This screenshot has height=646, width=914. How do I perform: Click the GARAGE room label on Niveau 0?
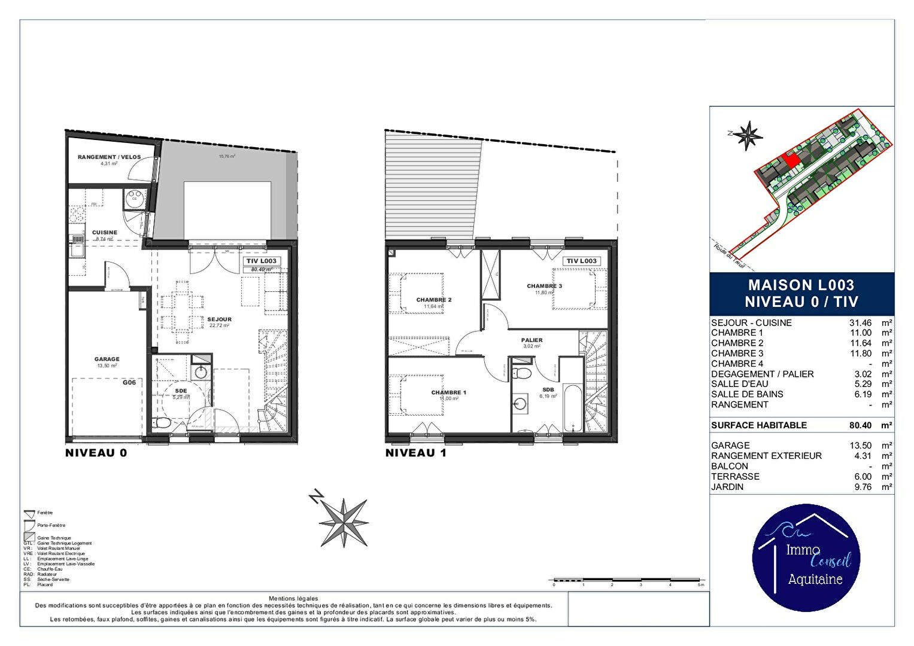click(x=107, y=359)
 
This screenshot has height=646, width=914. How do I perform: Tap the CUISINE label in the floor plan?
click(x=105, y=232)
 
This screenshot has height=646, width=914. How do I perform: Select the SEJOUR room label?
click(x=219, y=319)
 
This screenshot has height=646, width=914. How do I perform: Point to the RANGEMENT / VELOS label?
click(x=109, y=157)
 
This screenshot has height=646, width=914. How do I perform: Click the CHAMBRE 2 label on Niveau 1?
click(x=434, y=300)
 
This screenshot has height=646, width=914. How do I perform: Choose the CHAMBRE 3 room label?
click(x=544, y=286)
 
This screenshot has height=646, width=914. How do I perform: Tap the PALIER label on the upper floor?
click(x=532, y=340)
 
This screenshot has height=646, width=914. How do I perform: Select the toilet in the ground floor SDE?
click(x=162, y=423)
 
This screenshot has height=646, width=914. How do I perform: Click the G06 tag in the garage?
click(x=129, y=382)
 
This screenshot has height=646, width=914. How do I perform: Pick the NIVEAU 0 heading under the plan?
click(x=96, y=453)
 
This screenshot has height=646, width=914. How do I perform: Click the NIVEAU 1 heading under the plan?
click(x=415, y=453)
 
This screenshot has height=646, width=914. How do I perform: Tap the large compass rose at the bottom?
click(x=344, y=522)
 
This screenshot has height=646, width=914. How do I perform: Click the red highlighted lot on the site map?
click(x=791, y=160)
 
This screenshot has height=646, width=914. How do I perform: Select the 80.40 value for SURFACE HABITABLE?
click(x=860, y=425)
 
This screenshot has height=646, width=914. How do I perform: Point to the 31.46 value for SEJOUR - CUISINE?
click(x=860, y=323)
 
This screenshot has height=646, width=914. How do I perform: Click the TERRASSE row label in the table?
click(x=735, y=477)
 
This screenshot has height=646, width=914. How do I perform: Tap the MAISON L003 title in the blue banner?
click(x=801, y=285)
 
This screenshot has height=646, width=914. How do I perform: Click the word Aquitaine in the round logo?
click(x=815, y=579)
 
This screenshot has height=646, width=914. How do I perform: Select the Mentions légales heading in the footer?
click(x=293, y=598)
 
